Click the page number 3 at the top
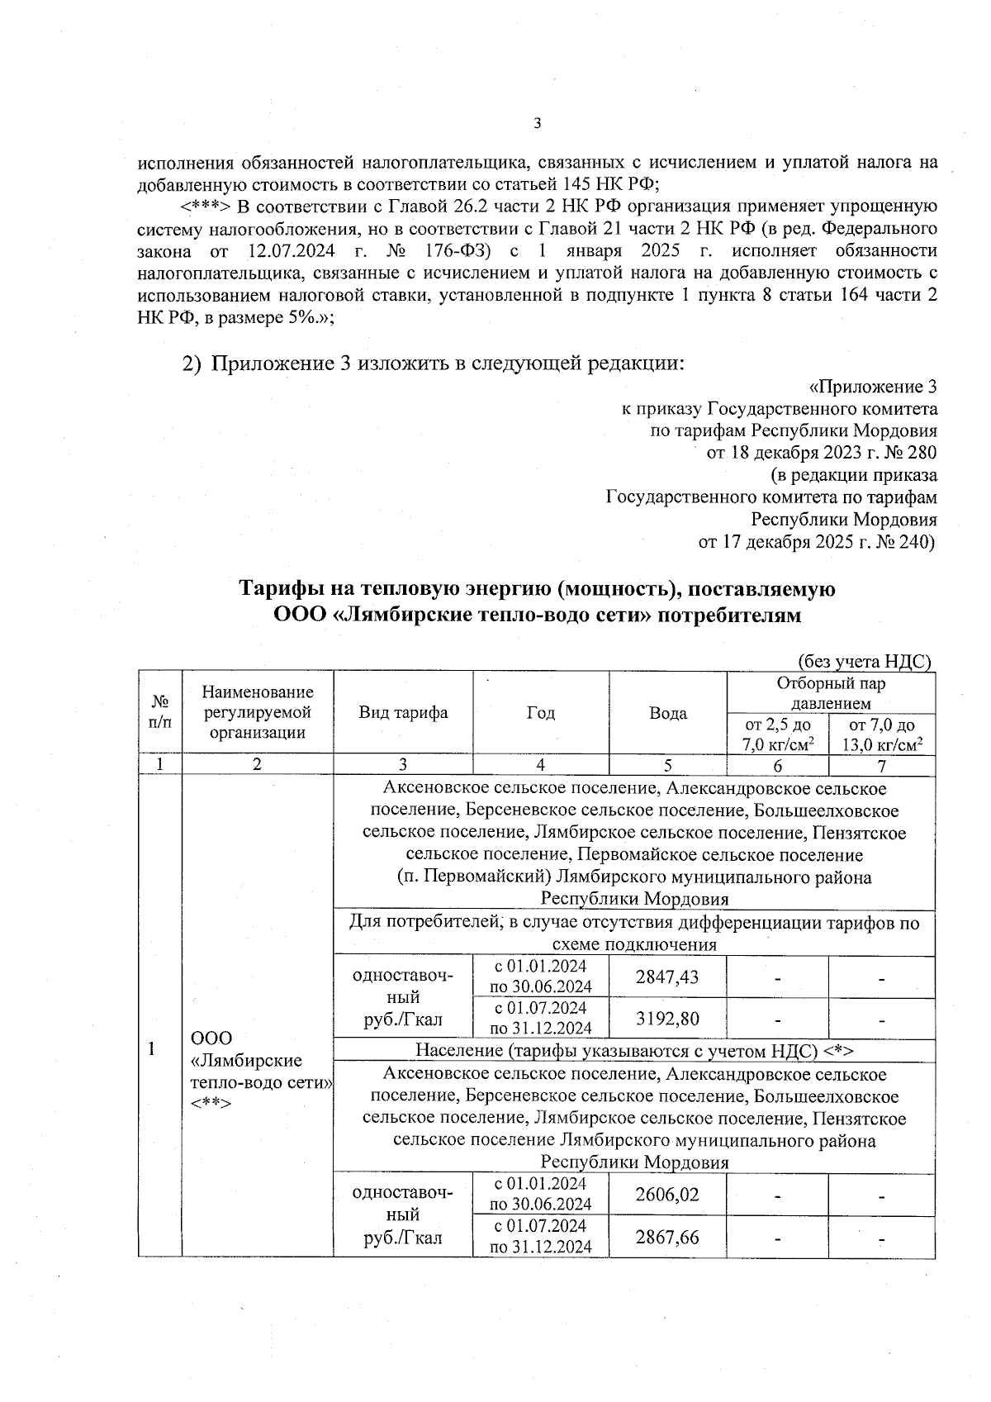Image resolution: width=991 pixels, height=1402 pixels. (x=537, y=125)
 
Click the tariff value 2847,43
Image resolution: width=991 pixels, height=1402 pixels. (x=667, y=977)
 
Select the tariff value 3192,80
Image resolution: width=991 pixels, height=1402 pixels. (x=667, y=1019)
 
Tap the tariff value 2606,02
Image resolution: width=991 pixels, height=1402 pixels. (x=667, y=1195)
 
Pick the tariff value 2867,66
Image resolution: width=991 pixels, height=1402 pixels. (x=667, y=1237)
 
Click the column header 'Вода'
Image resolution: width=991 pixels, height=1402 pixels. (x=668, y=713)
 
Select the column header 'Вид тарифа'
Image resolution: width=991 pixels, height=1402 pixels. (x=403, y=713)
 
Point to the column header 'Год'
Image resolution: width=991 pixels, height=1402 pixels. (x=541, y=713)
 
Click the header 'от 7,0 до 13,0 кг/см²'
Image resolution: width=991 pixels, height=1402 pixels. (x=882, y=734)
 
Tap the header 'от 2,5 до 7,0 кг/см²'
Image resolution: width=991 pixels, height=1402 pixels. (x=778, y=734)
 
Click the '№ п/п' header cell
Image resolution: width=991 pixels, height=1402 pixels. (x=160, y=712)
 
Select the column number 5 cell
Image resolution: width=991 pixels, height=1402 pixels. (x=668, y=765)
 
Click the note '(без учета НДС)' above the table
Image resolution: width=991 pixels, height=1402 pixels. (x=864, y=661)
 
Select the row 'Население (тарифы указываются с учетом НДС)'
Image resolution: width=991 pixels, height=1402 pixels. (x=633, y=1050)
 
